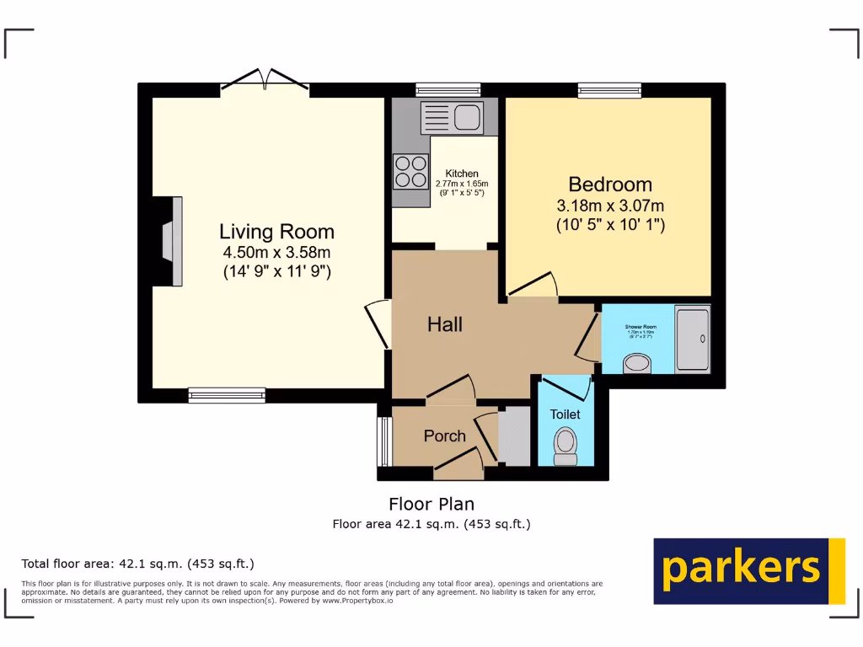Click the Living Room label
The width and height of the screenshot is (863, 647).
click(x=276, y=232)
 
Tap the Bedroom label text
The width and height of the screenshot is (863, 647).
click(x=610, y=184)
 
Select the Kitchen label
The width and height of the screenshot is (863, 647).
click(x=462, y=174)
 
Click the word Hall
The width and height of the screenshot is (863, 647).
click(x=444, y=324)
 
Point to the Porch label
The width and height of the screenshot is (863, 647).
click(x=444, y=436)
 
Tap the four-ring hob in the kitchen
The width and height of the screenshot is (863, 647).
click(x=410, y=170)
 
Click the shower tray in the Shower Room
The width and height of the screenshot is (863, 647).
click(x=694, y=339)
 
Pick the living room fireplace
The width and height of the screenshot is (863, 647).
click(x=171, y=242)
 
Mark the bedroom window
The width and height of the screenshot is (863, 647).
click(x=609, y=88)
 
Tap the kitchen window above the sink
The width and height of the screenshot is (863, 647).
click(x=448, y=88)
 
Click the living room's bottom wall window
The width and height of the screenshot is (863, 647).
click(x=227, y=393)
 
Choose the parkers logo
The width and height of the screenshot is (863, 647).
click(x=749, y=570)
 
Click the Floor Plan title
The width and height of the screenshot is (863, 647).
click(x=431, y=504)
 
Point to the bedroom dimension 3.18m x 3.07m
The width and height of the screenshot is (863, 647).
click(x=610, y=206)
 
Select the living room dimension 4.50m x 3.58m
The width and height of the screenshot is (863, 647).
click(x=276, y=253)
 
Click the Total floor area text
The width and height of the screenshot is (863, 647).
click(x=137, y=564)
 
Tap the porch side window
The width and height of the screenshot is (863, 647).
click(x=383, y=440)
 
